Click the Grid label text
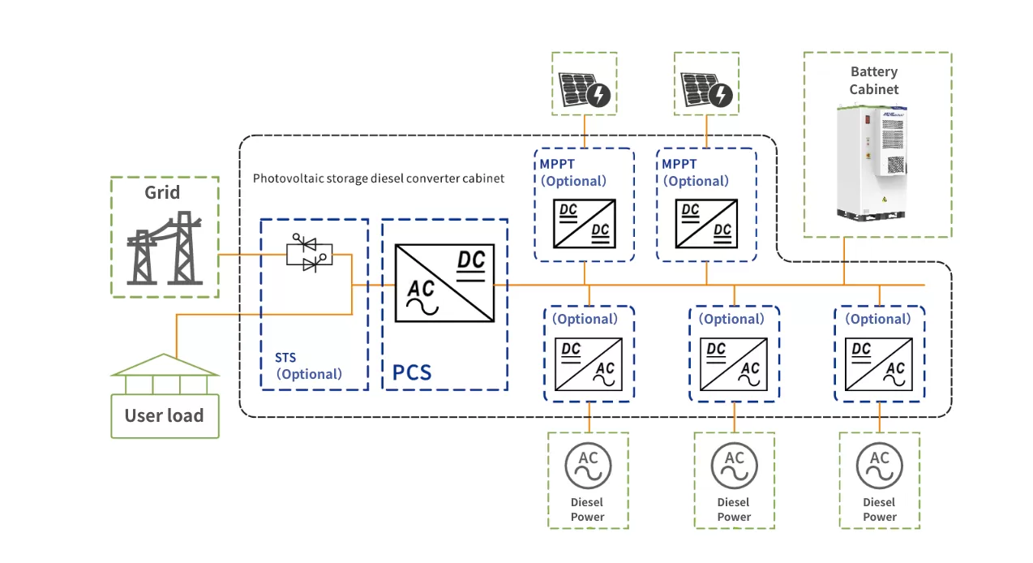point(164,192)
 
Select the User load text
point(164,415)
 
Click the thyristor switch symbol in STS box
point(309,256)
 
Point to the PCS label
point(412,372)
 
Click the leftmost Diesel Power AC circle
point(588,465)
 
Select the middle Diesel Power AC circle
point(734,465)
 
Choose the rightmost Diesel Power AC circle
point(880,465)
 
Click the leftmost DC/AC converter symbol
point(588,364)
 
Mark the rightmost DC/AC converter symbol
point(880,364)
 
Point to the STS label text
point(286,356)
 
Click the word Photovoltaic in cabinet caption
point(285,178)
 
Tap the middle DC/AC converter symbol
point(734,364)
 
